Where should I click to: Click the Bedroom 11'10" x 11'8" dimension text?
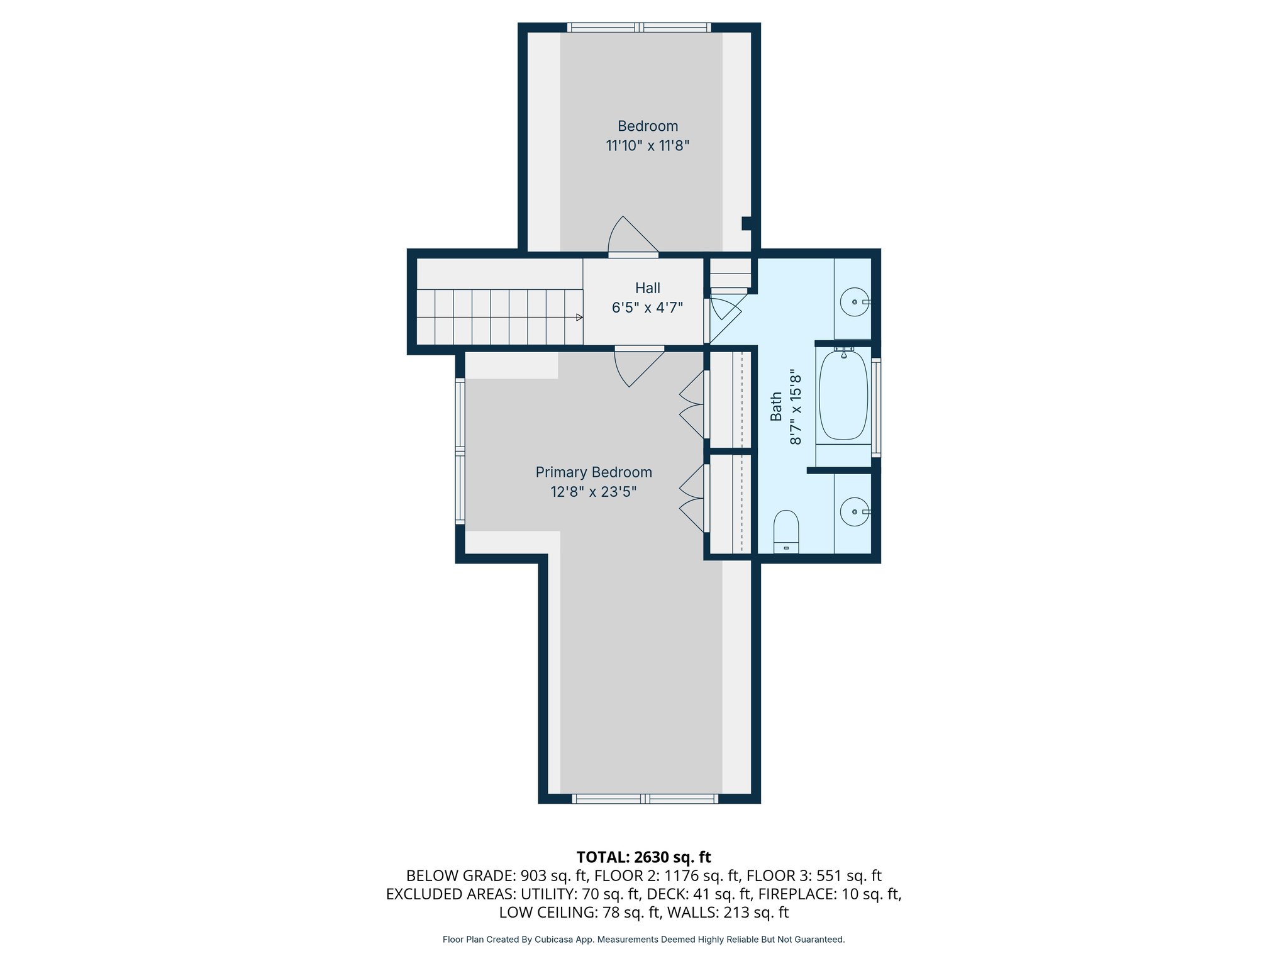click(647, 146)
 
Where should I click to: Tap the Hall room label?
click(647, 288)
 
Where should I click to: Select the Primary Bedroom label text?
click(593, 472)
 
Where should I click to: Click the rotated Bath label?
click(776, 406)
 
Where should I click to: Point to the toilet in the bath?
click(786, 531)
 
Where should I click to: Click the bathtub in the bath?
click(843, 395)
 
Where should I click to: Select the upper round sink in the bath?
click(854, 302)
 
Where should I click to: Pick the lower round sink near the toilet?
click(854, 512)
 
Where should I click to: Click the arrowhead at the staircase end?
click(579, 318)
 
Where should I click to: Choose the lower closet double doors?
click(692, 499)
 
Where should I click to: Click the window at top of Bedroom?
click(639, 28)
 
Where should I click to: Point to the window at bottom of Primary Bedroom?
click(645, 799)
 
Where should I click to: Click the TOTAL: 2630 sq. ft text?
click(643, 857)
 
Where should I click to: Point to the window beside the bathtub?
click(876, 406)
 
